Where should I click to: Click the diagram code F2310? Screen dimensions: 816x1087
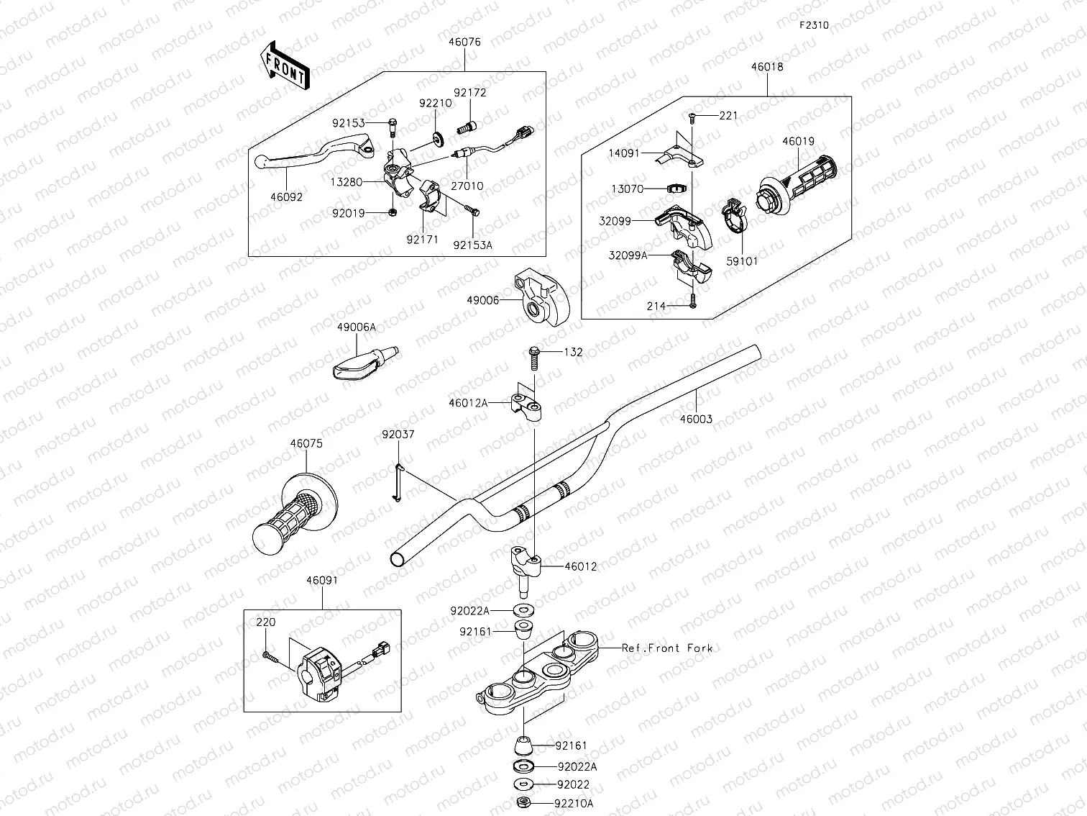click(x=814, y=25)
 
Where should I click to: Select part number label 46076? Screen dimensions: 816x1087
click(x=464, y=42)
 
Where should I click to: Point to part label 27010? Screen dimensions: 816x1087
click(x=467, y=186)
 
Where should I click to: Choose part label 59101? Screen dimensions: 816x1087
click(x=742, y=262)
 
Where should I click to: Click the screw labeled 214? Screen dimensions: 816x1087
click(x=692, y=303)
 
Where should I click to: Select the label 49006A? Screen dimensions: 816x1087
click(x=356, y=327)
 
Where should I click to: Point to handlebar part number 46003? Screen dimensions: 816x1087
click(x=695, y=419)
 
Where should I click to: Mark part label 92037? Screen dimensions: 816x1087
click(x=398, y=435)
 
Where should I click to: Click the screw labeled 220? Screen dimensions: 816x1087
click(x=269, y=655)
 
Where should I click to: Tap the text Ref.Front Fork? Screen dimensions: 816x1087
click(x=667, y=648)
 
